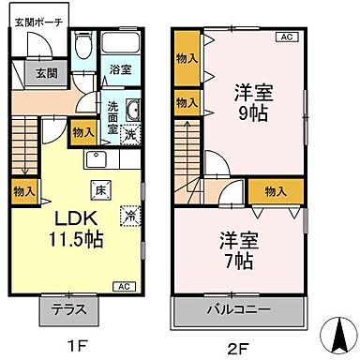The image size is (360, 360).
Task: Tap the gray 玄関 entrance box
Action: coord(45,73)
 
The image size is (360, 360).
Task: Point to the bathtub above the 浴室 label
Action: coord(120,44)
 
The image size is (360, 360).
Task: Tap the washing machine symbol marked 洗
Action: coord(133,133)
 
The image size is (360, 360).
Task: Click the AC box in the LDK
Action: coord(124,286)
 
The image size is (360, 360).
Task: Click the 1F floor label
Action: coord(73,348)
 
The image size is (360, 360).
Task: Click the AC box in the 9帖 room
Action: coord(287,37)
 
